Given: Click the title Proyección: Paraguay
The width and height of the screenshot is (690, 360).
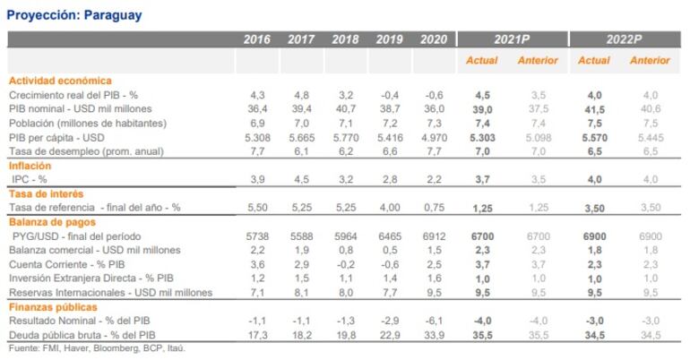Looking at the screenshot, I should click(73, 15).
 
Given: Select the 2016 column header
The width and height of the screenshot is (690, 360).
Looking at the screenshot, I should click(257, 39).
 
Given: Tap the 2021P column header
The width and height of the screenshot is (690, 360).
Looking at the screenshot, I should click(511, 39).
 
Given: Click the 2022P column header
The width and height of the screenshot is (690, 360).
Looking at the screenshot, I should click(623, 39).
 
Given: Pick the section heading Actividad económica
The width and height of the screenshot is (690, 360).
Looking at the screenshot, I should click(61, 80).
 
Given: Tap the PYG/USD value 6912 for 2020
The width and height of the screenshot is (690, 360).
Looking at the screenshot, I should click(433, 236).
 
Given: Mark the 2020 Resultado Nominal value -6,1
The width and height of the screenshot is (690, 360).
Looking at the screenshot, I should click(433, 320).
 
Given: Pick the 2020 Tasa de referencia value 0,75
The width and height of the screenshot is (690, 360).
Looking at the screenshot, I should click(433, 207).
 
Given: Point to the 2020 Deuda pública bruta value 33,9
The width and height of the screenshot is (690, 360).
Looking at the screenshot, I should click(433, 334).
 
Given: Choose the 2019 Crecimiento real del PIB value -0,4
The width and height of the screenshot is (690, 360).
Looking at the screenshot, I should click(389, 94).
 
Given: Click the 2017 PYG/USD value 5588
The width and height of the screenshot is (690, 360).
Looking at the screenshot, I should click(301, 236).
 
